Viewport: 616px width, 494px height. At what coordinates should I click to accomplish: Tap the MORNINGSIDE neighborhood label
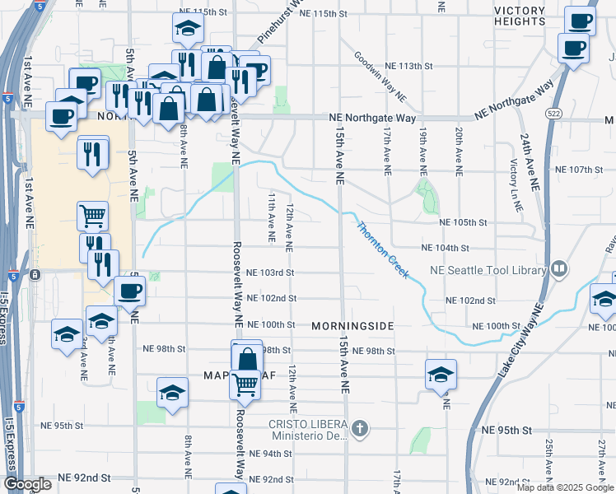(x=352, y=326)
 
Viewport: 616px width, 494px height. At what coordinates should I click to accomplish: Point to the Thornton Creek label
(x=382, y=249)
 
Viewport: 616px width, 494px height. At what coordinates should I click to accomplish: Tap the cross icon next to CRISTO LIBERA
(x=359, y=428)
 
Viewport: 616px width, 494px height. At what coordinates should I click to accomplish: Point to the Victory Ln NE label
(x=516, y=193)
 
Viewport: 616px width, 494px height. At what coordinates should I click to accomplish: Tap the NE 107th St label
(x=580, y=170)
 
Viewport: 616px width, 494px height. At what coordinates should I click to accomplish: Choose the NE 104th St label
(x=445, y=248)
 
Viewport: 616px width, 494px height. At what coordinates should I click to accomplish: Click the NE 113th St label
(x=408, y=66)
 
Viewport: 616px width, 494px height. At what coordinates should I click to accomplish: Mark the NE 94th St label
(x=270, y=454)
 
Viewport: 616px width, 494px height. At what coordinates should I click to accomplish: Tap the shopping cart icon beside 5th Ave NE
(x=93, y=216)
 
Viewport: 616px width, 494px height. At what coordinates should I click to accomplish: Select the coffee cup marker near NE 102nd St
(x=129, y=291)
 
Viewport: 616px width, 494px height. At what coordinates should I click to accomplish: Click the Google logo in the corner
(x=27, y=484)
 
